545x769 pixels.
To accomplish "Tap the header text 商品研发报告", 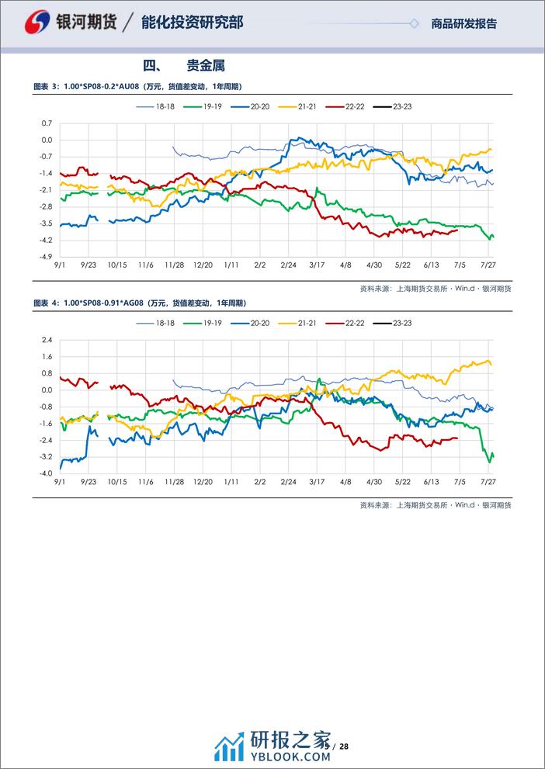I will tap(463, 24).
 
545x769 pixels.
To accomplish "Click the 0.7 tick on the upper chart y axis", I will tap(47, 123).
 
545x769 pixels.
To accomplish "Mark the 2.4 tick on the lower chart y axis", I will tap(47, 340).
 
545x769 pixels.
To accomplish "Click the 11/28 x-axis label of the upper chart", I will tap(174, 265).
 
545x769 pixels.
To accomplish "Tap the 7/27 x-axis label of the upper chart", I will tap(488, 265).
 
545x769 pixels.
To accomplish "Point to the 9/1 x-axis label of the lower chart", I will tap(60, 481).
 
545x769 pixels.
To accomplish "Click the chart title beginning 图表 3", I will tap(144, 86).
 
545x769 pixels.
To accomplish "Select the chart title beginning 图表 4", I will tap(146, 303).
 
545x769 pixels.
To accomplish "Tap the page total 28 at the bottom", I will tap(344, 746).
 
